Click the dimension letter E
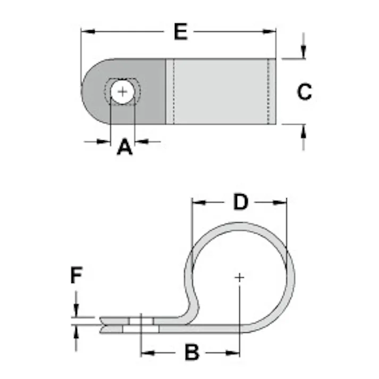pyautogui.click(x=181, y=32)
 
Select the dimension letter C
pyautogui.click(x=304, y=92)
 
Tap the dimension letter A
pyautogui.click(x=124, y=146)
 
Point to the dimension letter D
pyautogui.click(x=241, y=202)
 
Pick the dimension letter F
pyautogui.click(x=77, y=276)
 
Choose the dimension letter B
pyautogui.click(x=192, y=352)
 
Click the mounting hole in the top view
pyautogui.click(x=123, y=92)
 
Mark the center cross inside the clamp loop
pyautogui.click(x=239, y=277)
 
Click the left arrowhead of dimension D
pyautogui.click(x=198, y=202)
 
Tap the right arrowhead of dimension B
pyautogui.click(x=233, y=352)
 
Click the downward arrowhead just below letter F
pyautogui.click(x=77, y=311)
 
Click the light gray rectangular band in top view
pyautogui.click(x=221, y=91)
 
